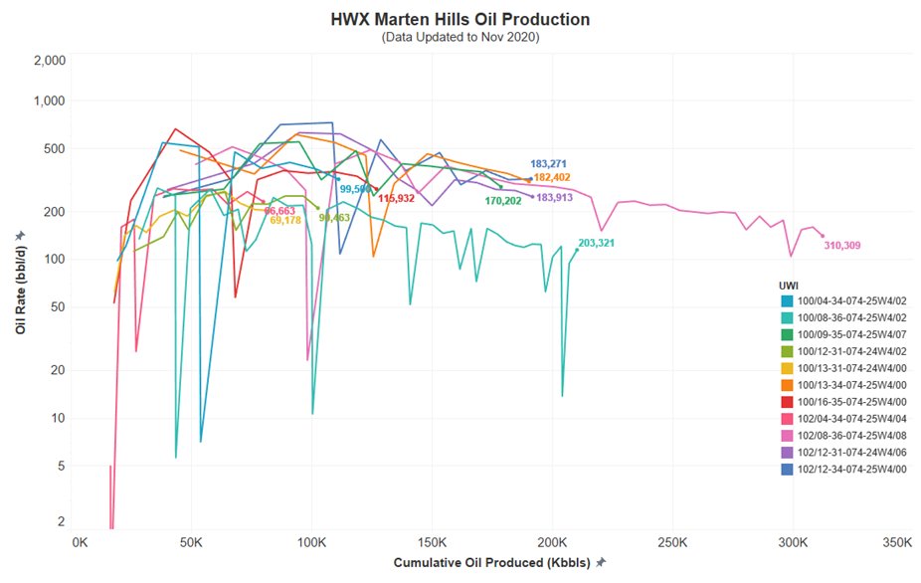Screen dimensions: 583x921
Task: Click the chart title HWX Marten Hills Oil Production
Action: pyautogui.click(x=460, y=19)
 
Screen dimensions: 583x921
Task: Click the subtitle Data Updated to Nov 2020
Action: pyautogui.click(x=460, y=37)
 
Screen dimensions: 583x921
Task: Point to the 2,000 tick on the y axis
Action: pyautogui.click(x=49, y=61)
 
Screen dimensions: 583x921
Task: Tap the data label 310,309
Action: pyautogui.click(x=841, y=245)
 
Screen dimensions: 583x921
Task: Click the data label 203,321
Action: pyautogui.click(x=597, y=243)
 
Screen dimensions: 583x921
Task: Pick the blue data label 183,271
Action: pyautogui.click(x=548, y=163)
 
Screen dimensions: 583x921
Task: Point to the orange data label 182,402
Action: pyautogui.click(x=552, y=177)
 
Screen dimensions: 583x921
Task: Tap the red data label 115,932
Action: pyautogui.click(x=396, y=198)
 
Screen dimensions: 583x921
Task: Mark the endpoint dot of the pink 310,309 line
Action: pyautogui.click(x=823, y=236)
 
